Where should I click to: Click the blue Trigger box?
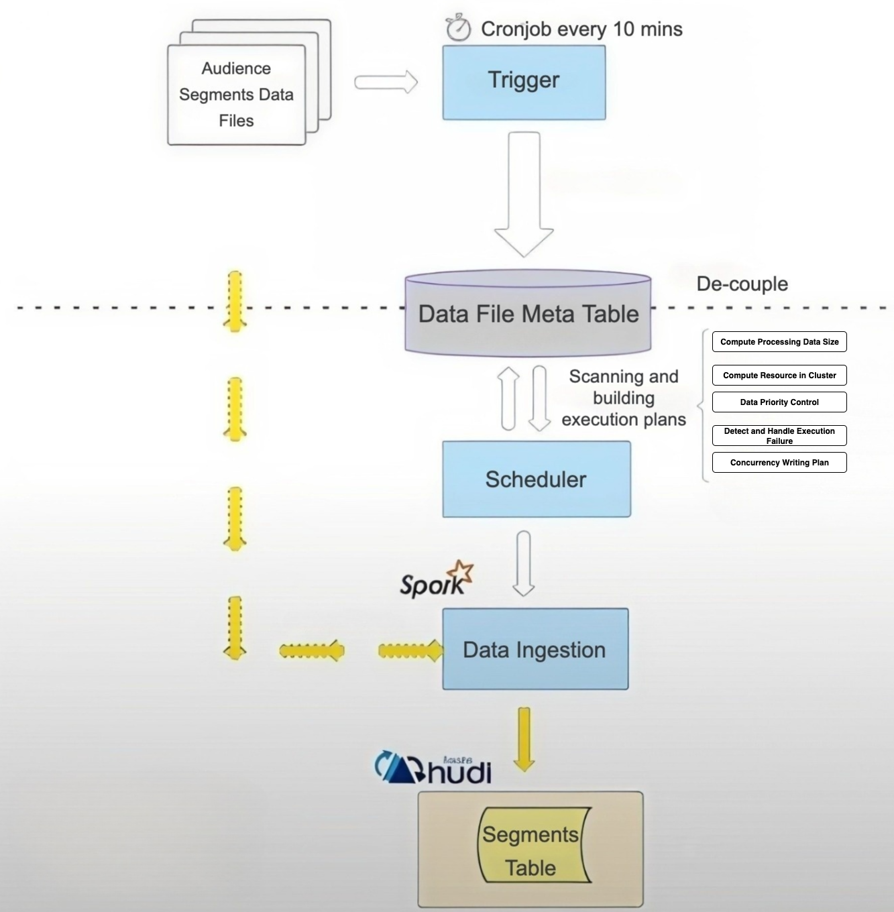click(524, 82)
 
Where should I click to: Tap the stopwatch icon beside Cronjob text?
click(458, 28)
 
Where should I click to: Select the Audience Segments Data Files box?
click(236, 95)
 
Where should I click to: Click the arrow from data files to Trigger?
click(386, 82)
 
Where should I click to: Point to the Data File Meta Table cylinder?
click(528, 313)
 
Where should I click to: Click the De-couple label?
click(742, 284)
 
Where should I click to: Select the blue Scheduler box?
click(536, 479)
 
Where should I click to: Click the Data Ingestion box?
click(535, 649)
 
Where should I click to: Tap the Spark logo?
click(436, 581)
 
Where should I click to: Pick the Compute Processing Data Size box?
click(779, 342)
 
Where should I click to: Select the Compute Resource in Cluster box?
click(779, 376)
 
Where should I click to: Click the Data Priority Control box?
click(779, 402)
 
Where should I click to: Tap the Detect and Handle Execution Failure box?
click(779, 436)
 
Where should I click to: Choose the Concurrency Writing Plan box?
click(779, 463)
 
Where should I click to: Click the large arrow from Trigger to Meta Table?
click(524, 194)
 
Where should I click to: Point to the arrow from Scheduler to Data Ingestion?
click(524, 563)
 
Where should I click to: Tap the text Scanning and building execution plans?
click(624, 398)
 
